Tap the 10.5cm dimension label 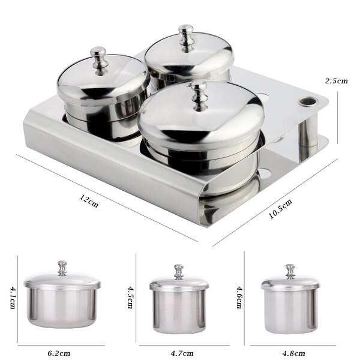pyautogui.click(x=280, y=209)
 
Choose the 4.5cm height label pyautogui.click(x=130, y=297)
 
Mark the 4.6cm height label pyautogui.click(x=238, y=297)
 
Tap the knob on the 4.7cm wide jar pyautogui.click(x=179, y=271)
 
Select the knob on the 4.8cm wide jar pyautogui.click(x=290, y=271)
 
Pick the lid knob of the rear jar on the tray pyautogui.click(x=185, y=36)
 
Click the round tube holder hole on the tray pyautogui.click(x=307, y=100)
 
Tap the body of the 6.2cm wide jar pyautogui.click(x=62, y=307)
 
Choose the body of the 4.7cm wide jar pyautogui.click(x=179, y=311)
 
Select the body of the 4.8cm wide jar pyautogui.click(x=290, y=310)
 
